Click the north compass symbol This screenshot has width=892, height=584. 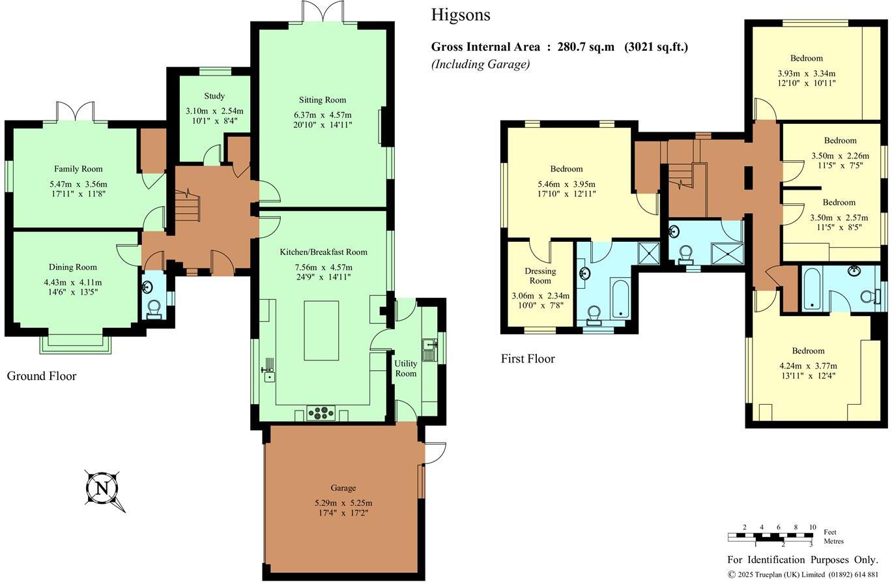[102, 488]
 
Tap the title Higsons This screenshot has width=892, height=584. [460, 15]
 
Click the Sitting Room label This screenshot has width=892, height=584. [323, 100]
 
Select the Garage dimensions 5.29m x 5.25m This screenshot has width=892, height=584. [343, 503]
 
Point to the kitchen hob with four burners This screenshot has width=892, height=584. [321, 413]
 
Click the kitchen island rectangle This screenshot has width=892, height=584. [321, 330]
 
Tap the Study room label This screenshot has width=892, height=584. [214, 96]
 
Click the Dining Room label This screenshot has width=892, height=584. [73, 267]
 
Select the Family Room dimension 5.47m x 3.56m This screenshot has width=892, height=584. [78, 184]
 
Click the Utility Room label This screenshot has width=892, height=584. [405, 368]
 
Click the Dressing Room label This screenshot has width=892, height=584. [540, 276]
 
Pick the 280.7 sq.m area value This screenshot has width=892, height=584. [586, 47]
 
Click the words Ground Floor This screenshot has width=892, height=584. [42, 376]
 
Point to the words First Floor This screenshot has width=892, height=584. [528, 358]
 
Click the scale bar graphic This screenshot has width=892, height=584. [770, 537]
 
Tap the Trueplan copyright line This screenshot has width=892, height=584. [803, 574]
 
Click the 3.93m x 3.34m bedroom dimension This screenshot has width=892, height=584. [806, 74]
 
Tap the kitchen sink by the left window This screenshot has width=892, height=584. [268, 373]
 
